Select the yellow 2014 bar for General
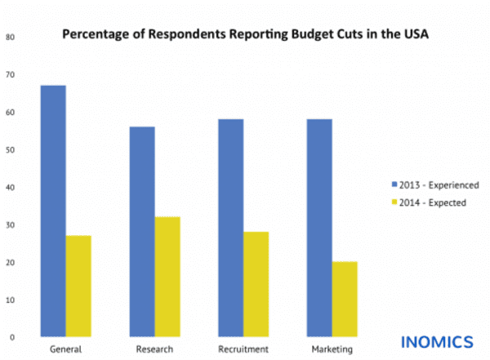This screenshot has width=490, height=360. (x=78, y=286)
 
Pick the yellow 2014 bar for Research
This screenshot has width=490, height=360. (x=167, y=277)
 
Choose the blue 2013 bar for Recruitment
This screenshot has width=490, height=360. (x=231, y=228)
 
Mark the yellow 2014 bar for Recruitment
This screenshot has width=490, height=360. (x=256, y=284)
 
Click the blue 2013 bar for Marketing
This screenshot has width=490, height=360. (x=319, y=228)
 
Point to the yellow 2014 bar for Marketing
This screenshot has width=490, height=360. (x=344, y=299)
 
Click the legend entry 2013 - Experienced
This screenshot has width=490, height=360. (x=434, y=184)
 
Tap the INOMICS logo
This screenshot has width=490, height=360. (x=436, y=340)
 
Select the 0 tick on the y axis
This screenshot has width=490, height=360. (x=11, y=337)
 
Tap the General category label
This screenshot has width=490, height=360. (x=65, y=349)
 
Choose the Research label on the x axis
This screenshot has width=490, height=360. (x=154, y=349)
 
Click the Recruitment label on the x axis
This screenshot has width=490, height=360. (x=243, y=349)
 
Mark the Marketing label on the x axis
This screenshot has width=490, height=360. (x=332, y=349)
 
